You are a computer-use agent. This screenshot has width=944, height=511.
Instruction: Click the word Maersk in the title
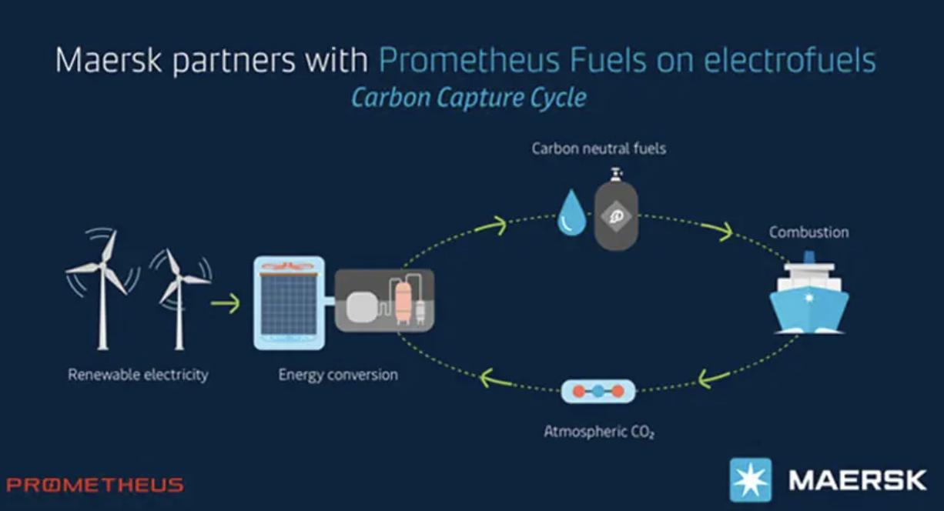[x=109, y=60]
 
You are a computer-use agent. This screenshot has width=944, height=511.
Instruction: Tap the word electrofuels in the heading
[x=790, y=60]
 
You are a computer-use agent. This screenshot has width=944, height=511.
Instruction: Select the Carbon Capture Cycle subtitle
[x=469, y=98]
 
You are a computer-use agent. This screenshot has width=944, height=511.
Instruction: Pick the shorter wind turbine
[x=179, y=299]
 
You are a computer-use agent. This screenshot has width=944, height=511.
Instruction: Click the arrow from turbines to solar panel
[x=226, y=303]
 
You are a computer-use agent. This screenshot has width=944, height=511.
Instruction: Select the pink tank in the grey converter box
[x=403, y=301]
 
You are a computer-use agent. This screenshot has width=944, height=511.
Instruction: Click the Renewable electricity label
[x=139, y=375]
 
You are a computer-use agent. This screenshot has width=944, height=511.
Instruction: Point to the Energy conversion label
[x=338, y=375]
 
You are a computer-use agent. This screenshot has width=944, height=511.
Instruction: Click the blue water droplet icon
[x=571, y=212]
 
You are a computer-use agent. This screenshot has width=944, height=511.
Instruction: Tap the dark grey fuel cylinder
[x=616, y=210]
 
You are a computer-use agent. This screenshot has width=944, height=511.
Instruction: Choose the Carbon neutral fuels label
[x=599, y=149]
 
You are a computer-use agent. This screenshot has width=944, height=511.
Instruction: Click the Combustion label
[x=808, y=232]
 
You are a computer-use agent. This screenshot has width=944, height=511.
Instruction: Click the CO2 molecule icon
[x=598, y=392]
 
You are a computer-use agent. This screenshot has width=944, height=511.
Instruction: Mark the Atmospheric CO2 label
[x=599, y=432]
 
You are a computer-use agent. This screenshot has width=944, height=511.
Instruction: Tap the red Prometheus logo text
[x=95, y=485]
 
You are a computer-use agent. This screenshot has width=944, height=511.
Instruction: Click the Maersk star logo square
[x=751, y=480]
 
